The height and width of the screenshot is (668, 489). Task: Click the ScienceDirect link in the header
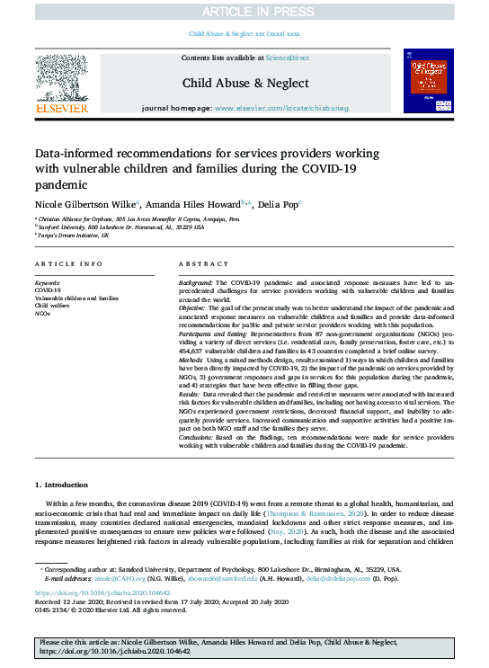click(288, 58)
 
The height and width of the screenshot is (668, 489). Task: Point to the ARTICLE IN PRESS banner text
click(244, 11)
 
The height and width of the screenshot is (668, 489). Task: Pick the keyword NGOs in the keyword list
click(44, 313)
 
